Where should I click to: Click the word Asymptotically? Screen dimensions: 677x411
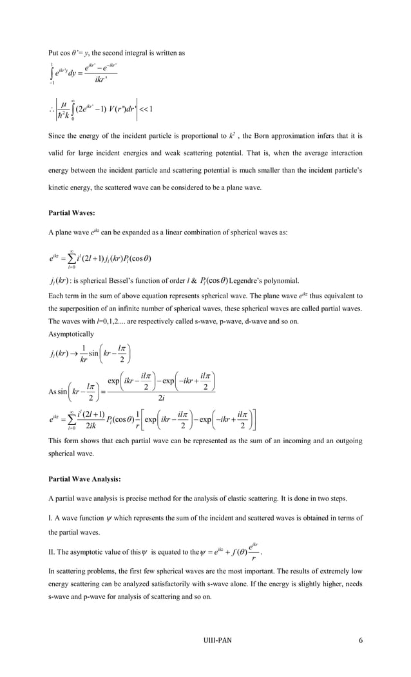point(71,334)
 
